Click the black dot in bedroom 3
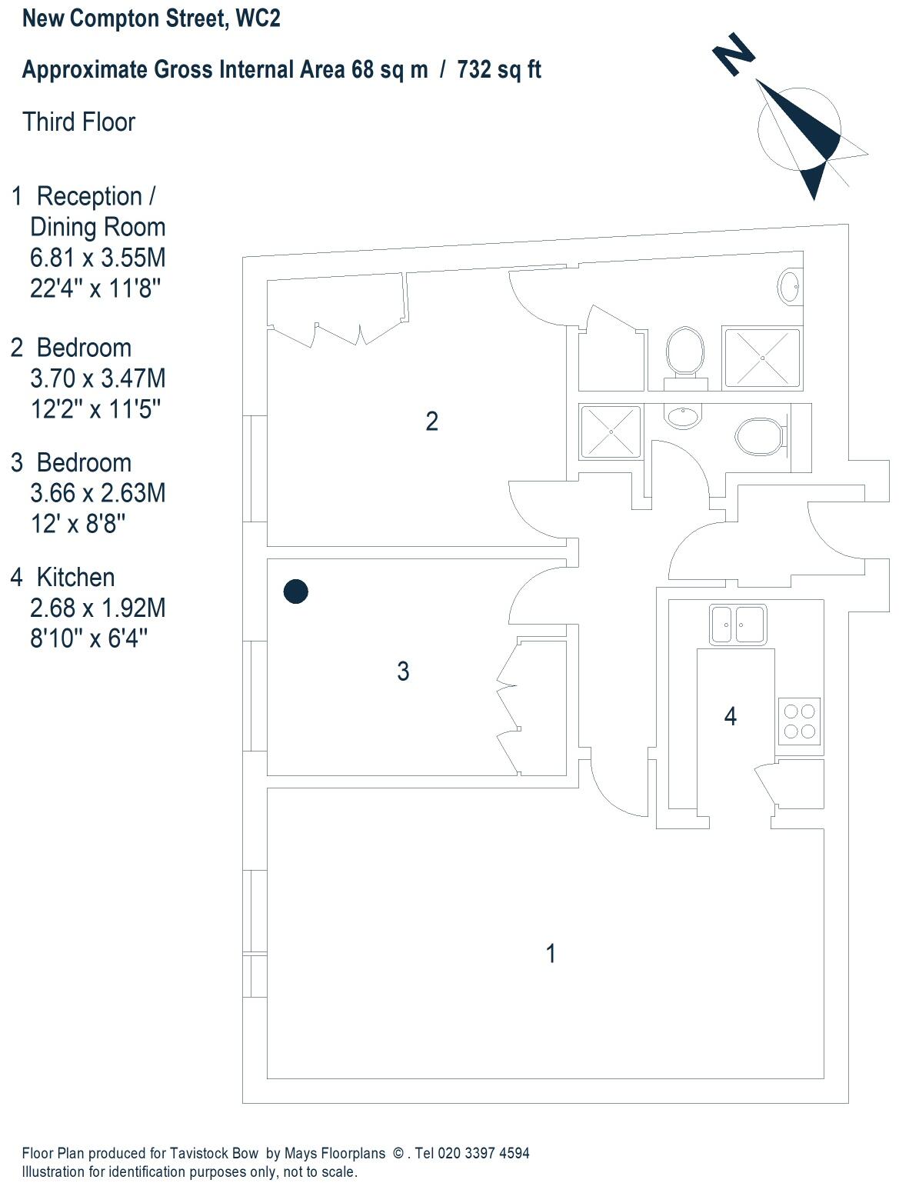point(296,591)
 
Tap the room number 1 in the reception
point(551,954)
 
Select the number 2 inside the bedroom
point(432,422)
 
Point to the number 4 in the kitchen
point(731,717)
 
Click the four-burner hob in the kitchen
point(800,721)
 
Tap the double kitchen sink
point(738,624)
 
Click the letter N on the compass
point(734,53)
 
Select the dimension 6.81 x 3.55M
point(98,258)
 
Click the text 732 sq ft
point(499,70)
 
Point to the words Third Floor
point(79,122)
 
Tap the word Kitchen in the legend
point(75,577)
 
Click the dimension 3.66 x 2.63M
point(98,493)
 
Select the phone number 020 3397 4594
point(483,1153)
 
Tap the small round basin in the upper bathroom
point(790,287)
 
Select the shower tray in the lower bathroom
point(611,432)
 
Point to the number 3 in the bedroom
point(403,671)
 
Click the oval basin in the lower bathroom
point(684,417)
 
